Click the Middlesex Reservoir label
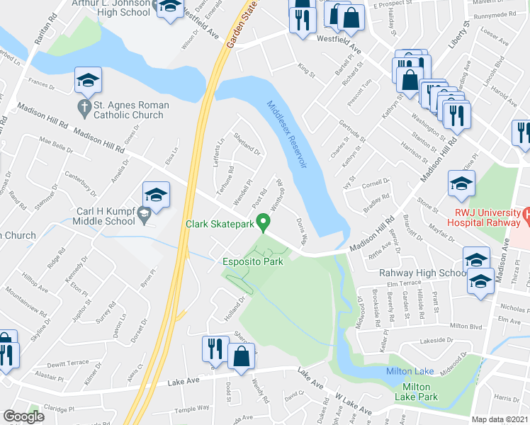[287, 135]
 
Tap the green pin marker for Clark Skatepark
[265, 224]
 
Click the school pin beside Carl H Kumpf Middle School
[157, 197]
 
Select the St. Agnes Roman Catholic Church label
[123, 110]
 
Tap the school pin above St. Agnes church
[88, 81]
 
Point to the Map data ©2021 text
[500, 419]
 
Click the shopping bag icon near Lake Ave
[242, 356]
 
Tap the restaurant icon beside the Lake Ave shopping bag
[215, 348]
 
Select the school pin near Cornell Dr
[461, 185]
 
